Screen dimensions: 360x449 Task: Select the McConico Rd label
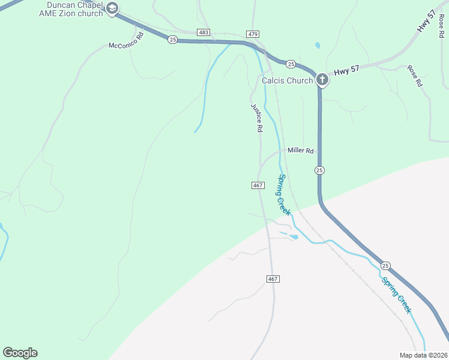(x=127, y=41)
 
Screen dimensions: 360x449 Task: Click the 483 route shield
(x=203, y=32)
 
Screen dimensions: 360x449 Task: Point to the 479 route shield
(x=252, y=34)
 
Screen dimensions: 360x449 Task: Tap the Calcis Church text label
(x=287, y=80)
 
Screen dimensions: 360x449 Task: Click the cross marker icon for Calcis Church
(x=322, y=79)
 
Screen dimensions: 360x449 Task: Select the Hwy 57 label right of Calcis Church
(x=346, y=70)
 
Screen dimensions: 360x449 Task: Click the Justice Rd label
(x=257, y=118)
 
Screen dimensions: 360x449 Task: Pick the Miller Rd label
(x=301, y=151)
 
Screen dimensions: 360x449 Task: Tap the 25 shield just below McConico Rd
(x=173, y=40)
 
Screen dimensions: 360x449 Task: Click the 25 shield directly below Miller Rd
(x=319, y=170)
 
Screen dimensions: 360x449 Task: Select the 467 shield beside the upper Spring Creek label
(x=257, y=185)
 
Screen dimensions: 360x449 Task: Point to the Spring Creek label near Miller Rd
(x=284, y=194)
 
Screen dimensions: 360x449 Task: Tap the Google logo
(x=20, y=353)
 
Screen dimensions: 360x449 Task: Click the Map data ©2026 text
(x=423, y=355)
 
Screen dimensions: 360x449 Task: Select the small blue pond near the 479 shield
(x=317, y=45)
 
